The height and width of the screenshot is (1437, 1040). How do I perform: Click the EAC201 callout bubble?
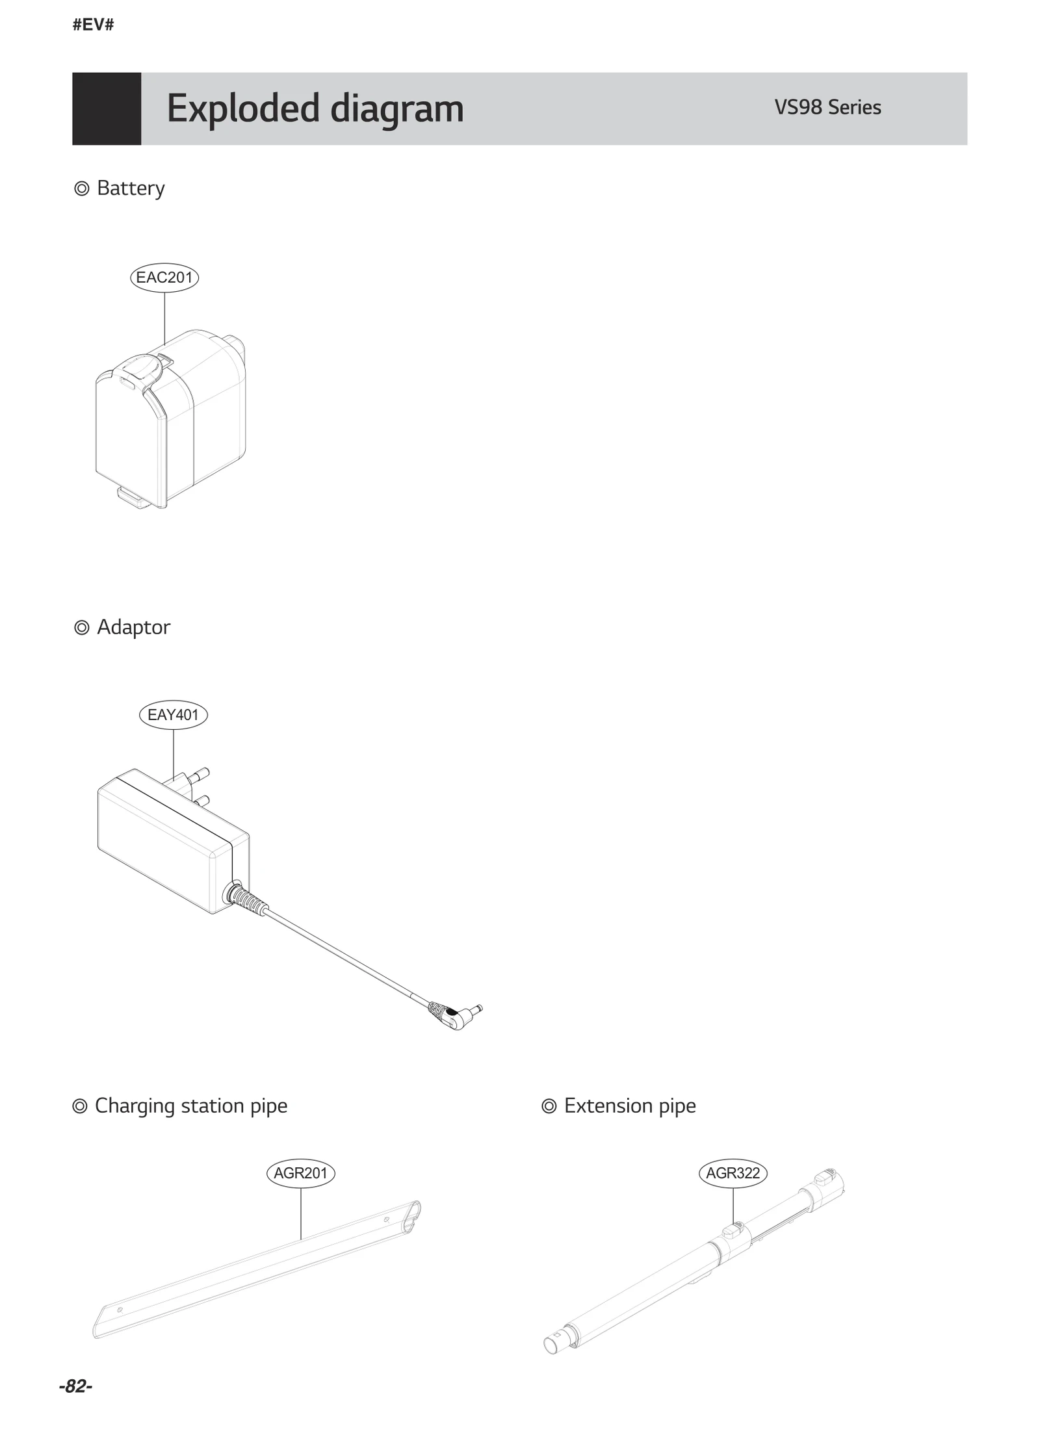click(164, 278)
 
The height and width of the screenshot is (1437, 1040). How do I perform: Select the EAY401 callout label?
click(173, 715)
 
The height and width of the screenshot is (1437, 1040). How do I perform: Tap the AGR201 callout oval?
click(300, 1173)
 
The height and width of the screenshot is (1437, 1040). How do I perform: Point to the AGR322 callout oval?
click(733, 1173)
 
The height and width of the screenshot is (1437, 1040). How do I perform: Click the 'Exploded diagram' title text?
click(315, 108)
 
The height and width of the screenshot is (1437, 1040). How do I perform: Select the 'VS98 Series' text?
click(827, 107)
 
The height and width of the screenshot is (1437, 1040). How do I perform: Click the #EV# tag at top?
click(93, 25)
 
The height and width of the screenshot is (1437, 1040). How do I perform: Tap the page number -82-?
click(75, 1386)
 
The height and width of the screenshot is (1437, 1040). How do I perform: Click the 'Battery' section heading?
click(130, 188)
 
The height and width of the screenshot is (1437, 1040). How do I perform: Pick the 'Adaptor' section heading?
click(133, 627)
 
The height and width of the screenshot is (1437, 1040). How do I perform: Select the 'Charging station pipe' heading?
click(190, 1106)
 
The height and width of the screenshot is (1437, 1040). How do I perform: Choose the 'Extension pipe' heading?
click(629, 1106)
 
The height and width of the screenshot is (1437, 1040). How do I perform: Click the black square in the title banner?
click(107, 109)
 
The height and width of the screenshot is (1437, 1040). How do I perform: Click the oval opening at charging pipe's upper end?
click(412, 1217)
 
